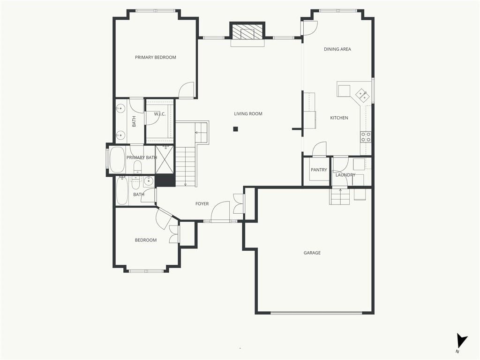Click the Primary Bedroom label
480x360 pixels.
pos(156,57)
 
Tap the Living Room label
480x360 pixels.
pos(248,114)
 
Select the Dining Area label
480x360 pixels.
pos(337,49)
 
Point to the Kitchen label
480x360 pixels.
pos(339,118)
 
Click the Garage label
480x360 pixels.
pos(312,253)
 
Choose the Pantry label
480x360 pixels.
pos(319,170)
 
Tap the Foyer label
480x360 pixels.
pos(202,204)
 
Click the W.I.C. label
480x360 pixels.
pos(159,114)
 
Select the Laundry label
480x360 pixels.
pos(345,175)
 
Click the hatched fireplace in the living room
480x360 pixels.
pos(247,31)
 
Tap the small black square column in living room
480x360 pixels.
pos(235,129)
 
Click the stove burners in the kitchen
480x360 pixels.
pos(366,137)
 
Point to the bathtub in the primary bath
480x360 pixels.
pos(117,160)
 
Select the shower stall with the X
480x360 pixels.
pos(165,160)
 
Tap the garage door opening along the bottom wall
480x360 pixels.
pos(316,313)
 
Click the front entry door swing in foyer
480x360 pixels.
pos(220,211)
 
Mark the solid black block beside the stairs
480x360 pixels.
pos(165,180)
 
